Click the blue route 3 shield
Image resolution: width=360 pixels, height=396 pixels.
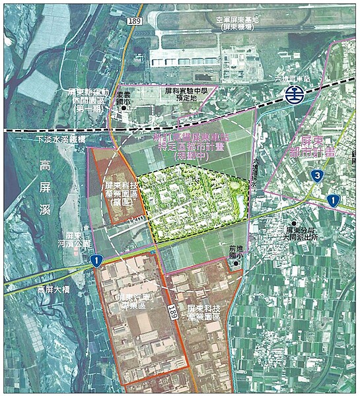coord(318,175)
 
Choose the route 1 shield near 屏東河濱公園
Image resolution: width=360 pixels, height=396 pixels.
coord(96,259)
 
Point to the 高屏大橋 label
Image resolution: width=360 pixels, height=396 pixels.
coord(54,288)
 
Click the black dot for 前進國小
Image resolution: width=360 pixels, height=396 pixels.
coord(236,264)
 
